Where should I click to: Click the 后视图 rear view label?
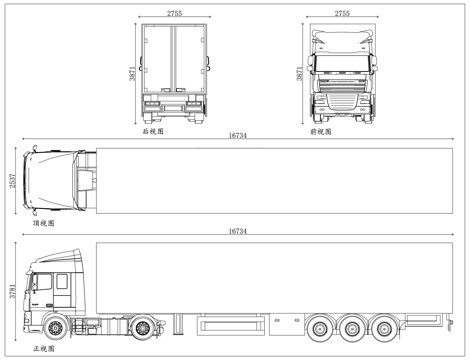pyautogui.click(x=152, y=130)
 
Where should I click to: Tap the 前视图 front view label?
pyautogui.click(x=319, y=130)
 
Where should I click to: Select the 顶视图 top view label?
pyautogui.click(x=44, y=224)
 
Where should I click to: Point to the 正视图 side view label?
pyautogui.click(x=44, y=349)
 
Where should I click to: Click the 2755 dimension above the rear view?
pyautogui.click(x=174, y=14)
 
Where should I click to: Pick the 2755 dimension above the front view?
pyautogui.click(x=342, y=14)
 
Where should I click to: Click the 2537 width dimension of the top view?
pyautogui.click(x=13, y=181)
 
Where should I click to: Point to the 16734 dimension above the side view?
pyautogui.click(x=238, y=232)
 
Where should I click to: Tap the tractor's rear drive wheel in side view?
pyautogui.click(x=146, y=326)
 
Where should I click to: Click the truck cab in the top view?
pyautogui.click(x=55, y=182)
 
